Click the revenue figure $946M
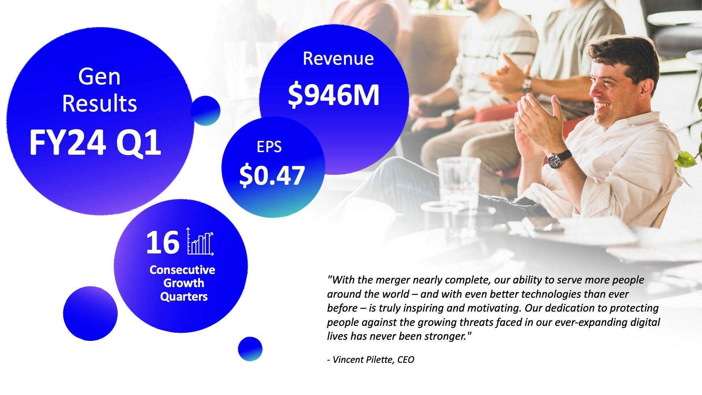[x=333, y=95]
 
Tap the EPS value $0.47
[x=272, y=176]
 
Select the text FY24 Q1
[x=95, y=143]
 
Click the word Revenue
[x=338, y=59]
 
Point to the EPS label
[x=269, y=147]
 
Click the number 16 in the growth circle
[x=163, y=242]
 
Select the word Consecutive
[x=182, y=270]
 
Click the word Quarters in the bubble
[x=184, y=297]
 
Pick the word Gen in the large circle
[x=99, y=77]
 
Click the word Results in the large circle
[x=99, y=104]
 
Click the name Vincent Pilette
[x=363, y=360]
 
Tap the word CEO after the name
[x=406, y=360]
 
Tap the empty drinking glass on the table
[x=458, y=187]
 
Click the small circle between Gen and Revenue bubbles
[x=205, y=110]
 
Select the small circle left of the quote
[x=250, y=349]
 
